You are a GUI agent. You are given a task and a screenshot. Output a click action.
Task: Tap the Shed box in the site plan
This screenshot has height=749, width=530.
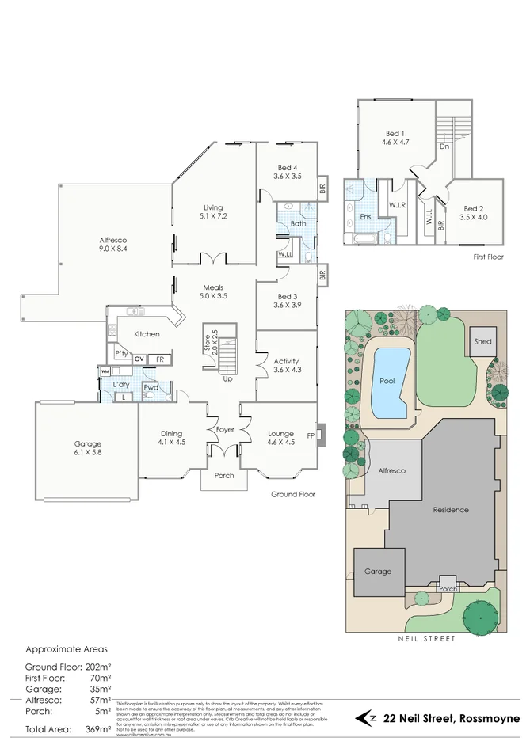[482, 341]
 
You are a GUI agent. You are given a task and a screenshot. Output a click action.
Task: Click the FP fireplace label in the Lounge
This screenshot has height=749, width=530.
[312, 435]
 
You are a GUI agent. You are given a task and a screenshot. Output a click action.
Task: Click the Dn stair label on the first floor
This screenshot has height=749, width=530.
[444, 146]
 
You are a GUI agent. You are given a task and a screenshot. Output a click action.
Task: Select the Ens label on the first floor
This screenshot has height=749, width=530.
[365, 215]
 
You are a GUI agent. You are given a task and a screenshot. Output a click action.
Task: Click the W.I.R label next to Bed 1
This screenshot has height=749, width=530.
[397, 206]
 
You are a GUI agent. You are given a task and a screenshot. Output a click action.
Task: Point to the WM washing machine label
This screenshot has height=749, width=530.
[105, 371]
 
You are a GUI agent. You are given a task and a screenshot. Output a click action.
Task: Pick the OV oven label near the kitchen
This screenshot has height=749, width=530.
[139, 359]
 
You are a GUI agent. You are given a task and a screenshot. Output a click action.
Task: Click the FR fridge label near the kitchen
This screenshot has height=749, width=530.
[159, 359]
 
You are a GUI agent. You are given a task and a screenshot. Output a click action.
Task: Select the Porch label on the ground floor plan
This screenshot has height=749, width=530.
[224, 476]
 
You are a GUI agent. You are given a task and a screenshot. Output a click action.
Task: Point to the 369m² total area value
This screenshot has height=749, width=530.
[93, 728]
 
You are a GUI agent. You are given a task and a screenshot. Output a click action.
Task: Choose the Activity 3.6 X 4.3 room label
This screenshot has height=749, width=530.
[285, 364]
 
